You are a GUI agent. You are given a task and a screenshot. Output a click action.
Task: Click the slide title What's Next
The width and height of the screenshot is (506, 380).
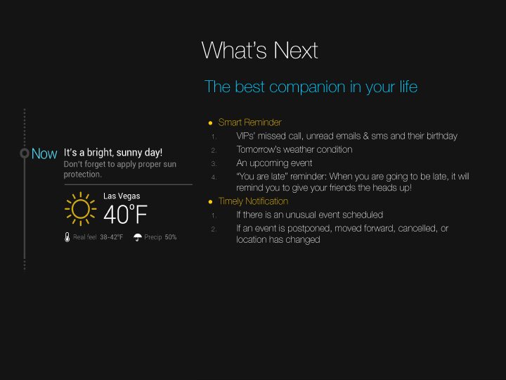click(x=260, y=51)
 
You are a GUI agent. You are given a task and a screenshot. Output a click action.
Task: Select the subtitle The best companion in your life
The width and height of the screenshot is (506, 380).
click(x=311, y=87)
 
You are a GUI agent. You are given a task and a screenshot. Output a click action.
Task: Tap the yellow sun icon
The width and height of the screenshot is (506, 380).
click(x=80, y=209)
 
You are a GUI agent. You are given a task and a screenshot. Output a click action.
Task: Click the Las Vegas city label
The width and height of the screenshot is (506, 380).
click(x=122, y=196)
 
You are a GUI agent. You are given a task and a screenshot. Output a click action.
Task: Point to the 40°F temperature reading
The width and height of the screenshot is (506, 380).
click(x=125, y=214)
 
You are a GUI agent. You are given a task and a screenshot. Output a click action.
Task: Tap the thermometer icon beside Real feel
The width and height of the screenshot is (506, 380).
click(x=67, y=237)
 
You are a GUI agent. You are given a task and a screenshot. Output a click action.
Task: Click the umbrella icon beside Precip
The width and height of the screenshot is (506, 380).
click(x=138, y=237)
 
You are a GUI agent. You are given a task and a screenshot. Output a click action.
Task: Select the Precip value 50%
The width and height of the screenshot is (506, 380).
click(x=171, y=237)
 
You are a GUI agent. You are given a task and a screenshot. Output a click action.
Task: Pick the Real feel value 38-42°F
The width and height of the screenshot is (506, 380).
click(x=111, y=237)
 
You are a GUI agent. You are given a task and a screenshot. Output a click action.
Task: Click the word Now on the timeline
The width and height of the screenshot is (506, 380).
click(x=44, y=154)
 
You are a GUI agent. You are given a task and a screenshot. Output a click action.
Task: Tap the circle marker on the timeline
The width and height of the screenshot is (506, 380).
click(x=25, y=153)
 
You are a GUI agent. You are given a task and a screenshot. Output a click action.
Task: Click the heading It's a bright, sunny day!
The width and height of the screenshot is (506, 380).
click(x=113, y=153)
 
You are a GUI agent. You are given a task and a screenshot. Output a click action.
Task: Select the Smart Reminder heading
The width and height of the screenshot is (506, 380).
click(x=249, y=122)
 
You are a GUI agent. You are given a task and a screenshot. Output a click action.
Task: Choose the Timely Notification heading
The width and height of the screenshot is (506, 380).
click(x=253, y=201)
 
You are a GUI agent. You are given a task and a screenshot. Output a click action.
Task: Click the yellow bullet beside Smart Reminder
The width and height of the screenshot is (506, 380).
click(x=210, y=123)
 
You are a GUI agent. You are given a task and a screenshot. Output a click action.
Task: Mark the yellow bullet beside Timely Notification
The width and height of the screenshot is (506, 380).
click(x=210, y=202)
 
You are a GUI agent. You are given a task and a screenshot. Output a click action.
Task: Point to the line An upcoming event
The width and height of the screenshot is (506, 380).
click(x=274, y=163)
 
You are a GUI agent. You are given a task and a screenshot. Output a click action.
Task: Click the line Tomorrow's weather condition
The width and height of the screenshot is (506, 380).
click(x=294, y=150)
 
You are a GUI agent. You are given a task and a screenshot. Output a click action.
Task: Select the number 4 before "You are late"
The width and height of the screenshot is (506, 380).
click(x=214, y=177)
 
